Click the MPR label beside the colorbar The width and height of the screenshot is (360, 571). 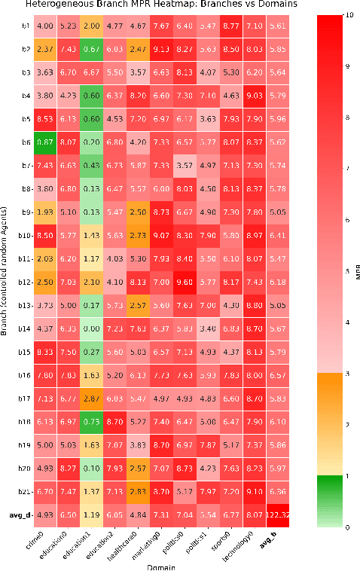(355, 270)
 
